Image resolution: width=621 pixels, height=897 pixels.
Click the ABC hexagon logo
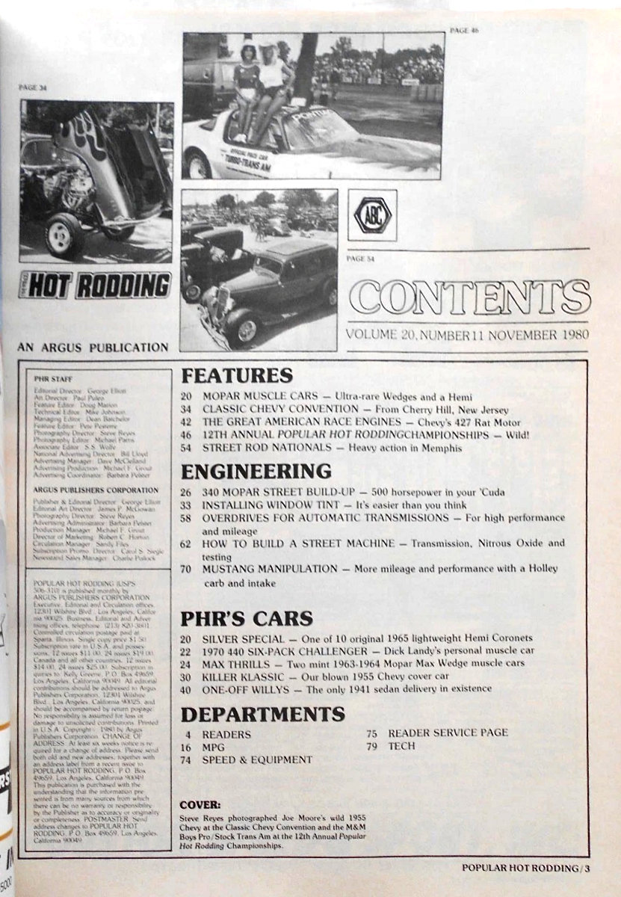coord(372,215)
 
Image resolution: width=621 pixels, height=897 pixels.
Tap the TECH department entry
coord(401,746)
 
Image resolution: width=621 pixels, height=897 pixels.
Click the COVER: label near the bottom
coord(201,806)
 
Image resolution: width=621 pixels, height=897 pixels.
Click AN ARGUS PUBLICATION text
coord(92,347)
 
